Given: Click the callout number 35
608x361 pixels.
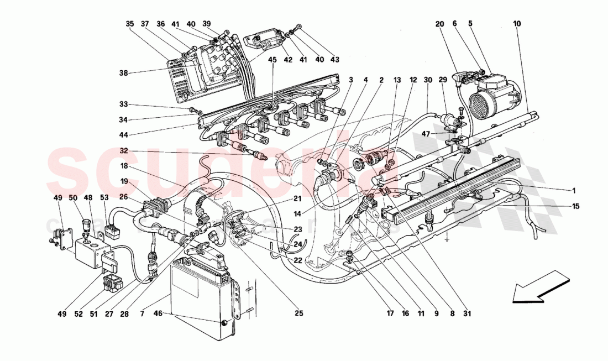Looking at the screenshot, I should [x=130, y=24].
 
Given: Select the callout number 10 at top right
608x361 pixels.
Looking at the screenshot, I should [x=517, y=24].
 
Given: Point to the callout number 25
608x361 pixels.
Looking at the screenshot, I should [x=299, y=314].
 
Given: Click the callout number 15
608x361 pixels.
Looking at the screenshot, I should [x=575, y=206].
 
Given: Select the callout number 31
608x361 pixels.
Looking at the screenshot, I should [x=468, y=314].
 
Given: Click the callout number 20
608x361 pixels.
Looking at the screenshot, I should [x=439, y=24].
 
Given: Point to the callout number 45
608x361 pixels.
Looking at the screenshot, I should [x=273, y=60].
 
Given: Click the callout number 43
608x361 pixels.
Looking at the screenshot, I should [x=334, y=60].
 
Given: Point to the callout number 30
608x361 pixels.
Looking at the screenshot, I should [x=427, y=80].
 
